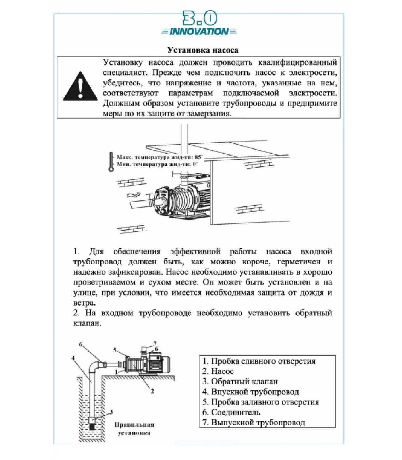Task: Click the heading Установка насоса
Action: click(203, 50)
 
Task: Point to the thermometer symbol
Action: click(111, 162)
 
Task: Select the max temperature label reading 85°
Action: click(159, 157)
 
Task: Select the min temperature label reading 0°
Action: click(157, 164)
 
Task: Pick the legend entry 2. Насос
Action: click(218, 371)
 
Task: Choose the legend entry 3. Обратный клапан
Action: click(240, 382)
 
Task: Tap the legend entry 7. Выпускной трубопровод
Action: click(254, 423)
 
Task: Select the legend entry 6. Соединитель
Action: click(231, 412)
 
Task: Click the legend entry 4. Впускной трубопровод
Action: click(251, 392)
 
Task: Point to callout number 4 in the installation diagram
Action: click(73, 358)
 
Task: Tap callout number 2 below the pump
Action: click(152, 391)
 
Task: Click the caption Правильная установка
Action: click(134, 429)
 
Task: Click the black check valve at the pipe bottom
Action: click(92, 425)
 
